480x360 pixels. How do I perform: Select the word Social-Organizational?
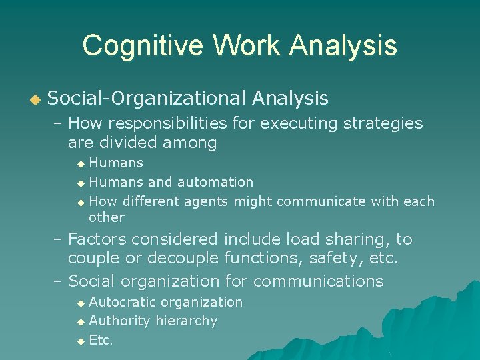click(147, 99)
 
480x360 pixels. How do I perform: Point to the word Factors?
click(96, 239)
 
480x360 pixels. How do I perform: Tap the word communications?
click(318, 281)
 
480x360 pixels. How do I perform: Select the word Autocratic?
click(123, 302)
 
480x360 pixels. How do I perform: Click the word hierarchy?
click(186, 321)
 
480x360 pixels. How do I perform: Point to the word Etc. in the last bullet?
click(101, 340)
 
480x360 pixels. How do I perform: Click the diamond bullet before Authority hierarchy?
click(81, 322)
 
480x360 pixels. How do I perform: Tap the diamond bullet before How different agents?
click(81, 202)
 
